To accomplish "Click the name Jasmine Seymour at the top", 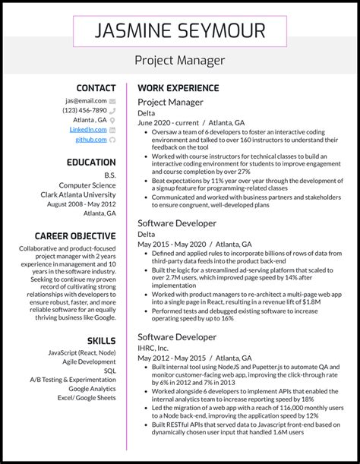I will (x=180, y=30).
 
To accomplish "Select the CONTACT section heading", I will (x=96, y=88).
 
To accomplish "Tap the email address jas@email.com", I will (x=85, y=100).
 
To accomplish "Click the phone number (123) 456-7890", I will (x=84, y=110).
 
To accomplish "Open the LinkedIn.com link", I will (x=88, y=130).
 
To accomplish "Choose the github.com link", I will (x=90, y=140).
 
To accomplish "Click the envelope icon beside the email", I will (x=112, y=100).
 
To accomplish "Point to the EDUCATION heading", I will (x=90, y=163).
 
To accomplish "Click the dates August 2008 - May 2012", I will (x=81, y=204).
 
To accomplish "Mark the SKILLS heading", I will (x=101, y=341).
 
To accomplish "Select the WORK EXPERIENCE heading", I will (x=178, y=88).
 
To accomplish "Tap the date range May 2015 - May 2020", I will (x=170, y=245).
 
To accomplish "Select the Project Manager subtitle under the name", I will (x=180, y=60).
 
